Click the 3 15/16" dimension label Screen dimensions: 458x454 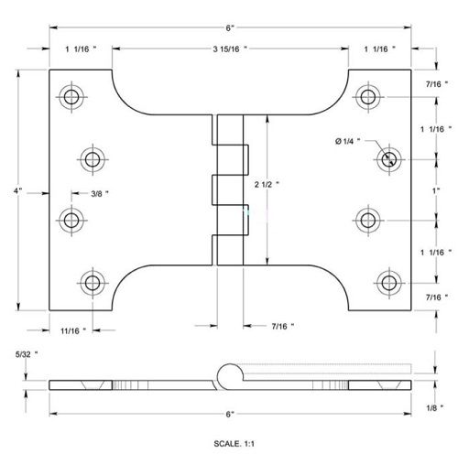tap(230, 49)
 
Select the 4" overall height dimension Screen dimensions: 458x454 tap(17, 191)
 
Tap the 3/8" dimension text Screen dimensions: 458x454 tap(100, 194)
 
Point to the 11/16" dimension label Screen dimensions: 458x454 tap(73, 330)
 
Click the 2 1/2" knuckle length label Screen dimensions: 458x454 tap(267, 184)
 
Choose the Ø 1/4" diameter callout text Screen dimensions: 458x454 tap(347, 141)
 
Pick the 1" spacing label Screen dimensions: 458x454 tap(436, 191)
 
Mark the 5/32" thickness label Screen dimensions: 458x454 tap(27, 354)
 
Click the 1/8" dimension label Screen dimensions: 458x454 tap(435, 407)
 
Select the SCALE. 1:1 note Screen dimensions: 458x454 tap(234, 444)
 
